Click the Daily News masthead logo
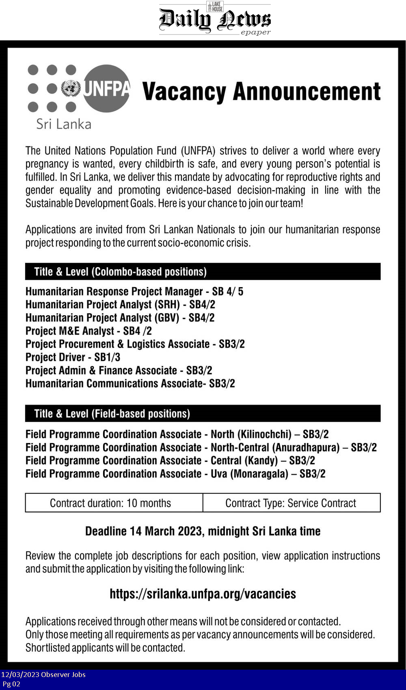coord(214,19)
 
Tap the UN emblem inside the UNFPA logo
coord(71,88)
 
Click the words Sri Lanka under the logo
coord(64,124)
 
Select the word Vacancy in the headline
coord(184,92)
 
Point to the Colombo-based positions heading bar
coord(203,272)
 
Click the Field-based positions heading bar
coord(203,414)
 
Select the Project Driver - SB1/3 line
coord(73,357)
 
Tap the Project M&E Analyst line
coord(89,331)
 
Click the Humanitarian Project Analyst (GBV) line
coord(120,318)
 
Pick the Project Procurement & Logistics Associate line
coord(135,344)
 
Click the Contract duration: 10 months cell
coord(110,503)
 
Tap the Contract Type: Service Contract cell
coord(291,503)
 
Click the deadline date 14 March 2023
coord(166,531)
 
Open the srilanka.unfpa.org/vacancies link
coord(203,594)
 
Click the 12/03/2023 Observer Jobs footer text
coord(43,675)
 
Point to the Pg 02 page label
coord(11,684)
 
